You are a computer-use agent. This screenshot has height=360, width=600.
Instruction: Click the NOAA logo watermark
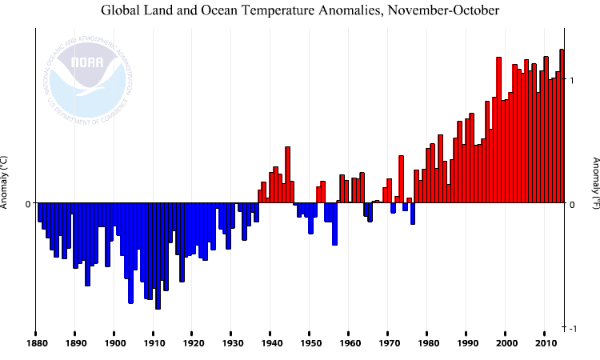(88, 77)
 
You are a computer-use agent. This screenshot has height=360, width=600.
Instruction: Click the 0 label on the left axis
(27, 204)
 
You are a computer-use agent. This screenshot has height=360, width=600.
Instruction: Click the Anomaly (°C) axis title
(5, 182)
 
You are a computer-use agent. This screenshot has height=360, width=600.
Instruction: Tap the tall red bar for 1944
(287, 175)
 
